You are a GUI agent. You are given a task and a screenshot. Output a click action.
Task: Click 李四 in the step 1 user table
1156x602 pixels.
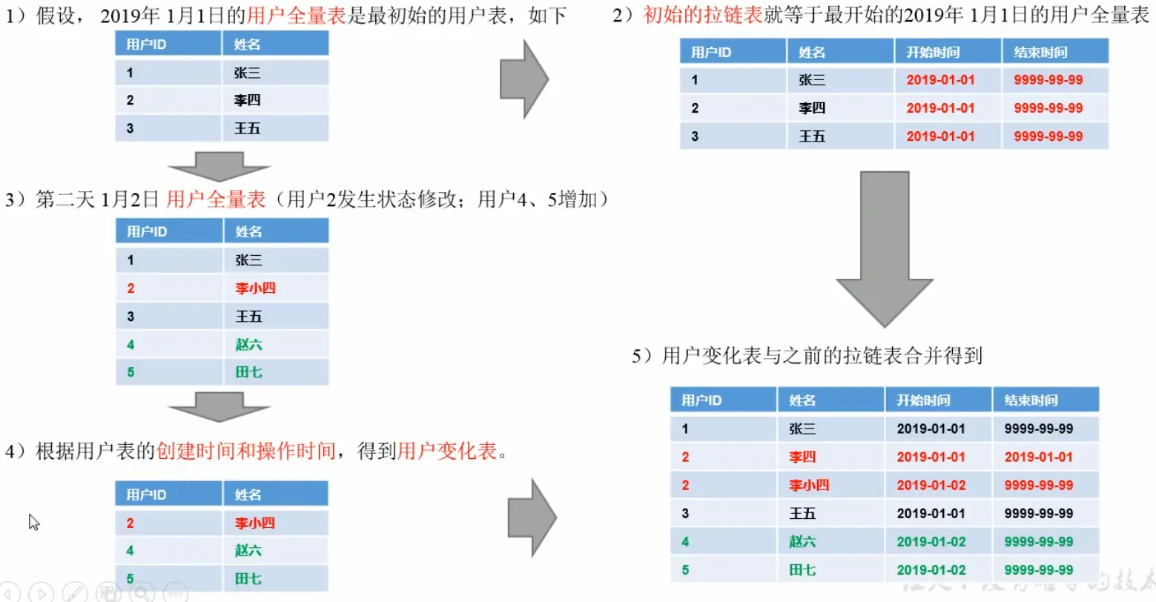tap(247, 100)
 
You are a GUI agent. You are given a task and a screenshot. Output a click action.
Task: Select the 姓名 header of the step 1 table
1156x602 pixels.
tap(247, 44)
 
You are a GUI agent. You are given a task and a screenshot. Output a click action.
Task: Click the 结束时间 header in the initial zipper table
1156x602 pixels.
tap(1040, 52)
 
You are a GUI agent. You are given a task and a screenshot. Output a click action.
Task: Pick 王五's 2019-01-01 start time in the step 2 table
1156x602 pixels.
tap(940, 136)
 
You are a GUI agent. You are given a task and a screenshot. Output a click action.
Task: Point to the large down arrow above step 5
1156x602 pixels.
tap(884, 248)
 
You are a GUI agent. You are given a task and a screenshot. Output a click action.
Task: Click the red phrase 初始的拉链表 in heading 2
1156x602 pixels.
tap(703, 15)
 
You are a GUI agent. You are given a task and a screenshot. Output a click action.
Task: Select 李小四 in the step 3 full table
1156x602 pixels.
tap(255, 288)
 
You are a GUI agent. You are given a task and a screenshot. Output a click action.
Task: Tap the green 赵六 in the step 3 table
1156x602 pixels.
tap(248, 345)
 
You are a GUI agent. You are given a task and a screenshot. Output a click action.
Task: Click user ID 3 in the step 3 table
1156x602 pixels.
tap(131, 317)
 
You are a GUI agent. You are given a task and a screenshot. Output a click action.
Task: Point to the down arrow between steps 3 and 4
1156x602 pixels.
tap(219, 407)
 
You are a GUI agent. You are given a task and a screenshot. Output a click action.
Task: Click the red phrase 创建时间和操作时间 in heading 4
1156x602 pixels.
tap(245, 451)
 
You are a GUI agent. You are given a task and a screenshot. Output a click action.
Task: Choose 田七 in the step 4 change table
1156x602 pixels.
tap(248, 579)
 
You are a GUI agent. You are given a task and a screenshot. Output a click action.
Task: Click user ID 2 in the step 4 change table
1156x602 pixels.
tap(130, 523)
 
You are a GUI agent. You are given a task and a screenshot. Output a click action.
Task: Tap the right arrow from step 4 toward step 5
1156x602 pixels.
tap(532, 517)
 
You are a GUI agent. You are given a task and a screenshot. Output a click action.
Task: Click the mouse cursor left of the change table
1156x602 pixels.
tap(33, 522)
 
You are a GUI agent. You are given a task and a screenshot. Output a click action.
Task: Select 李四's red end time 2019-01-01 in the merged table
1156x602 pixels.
tap(1038, 457)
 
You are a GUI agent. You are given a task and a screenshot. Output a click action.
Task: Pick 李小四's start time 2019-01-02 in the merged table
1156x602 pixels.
tap(931, 486)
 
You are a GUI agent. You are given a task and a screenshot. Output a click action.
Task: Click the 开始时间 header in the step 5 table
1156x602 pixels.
tap(922, 400)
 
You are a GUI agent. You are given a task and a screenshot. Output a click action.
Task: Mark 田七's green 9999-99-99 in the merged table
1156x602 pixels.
tap(1038, 570)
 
